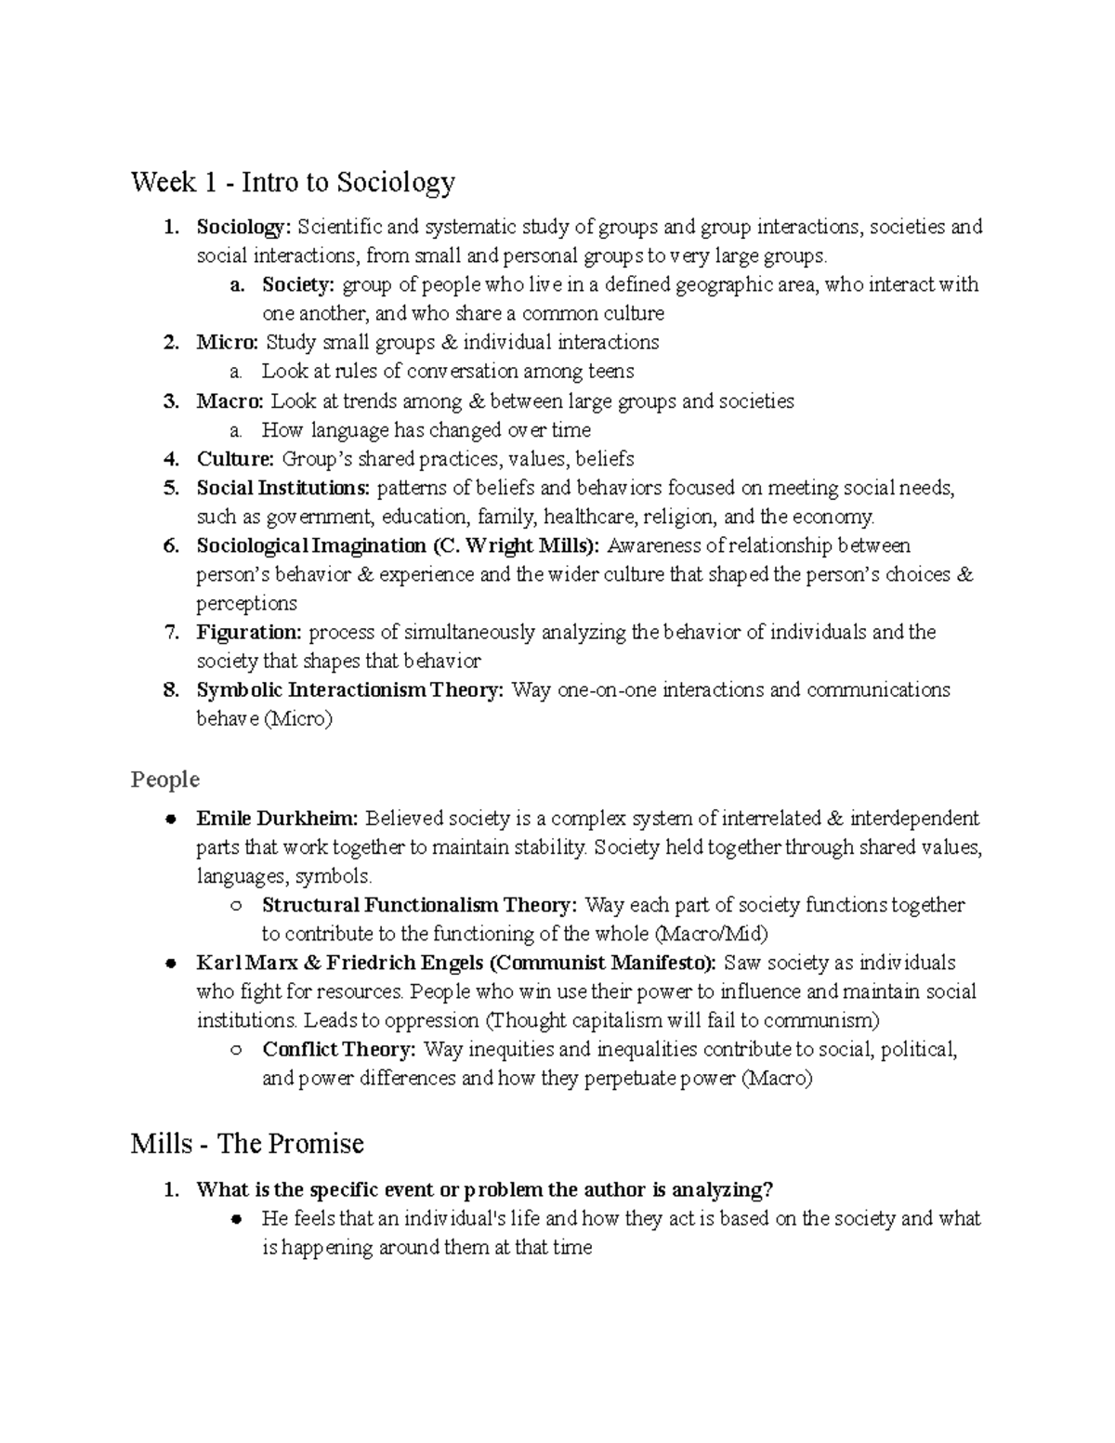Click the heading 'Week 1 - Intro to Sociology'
click(293, 182)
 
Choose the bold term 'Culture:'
click(235, 459)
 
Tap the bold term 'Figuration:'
click(249, 633)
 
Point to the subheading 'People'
click(165, 779)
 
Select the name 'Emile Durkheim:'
click(277, 819)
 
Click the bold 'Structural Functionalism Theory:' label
click(420, 905)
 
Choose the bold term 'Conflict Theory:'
click(339, 1050)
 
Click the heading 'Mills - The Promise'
click(247, 1143)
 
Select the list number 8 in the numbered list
click(170, 690)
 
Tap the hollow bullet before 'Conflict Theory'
click(237, 1051)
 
